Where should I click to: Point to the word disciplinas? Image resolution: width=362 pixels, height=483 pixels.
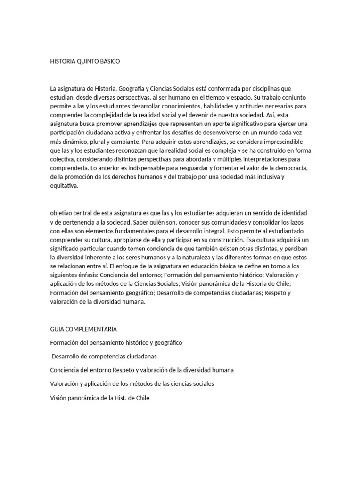click(271, 88)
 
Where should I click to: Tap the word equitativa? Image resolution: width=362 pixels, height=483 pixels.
click(64, 186)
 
